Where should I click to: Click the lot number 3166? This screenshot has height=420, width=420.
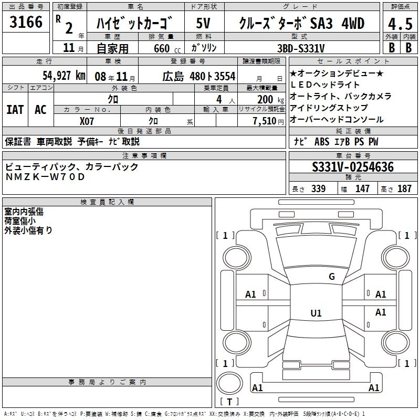tap(26, 23)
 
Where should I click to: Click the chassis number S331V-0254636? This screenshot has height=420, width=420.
tap(352, 167)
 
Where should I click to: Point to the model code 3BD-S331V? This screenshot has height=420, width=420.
tap(301, 48)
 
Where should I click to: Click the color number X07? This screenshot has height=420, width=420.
tap(87, 120)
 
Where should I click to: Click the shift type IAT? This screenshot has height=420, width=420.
tap(15, 110)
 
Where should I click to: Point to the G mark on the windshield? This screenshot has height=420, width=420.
tap(331, 277)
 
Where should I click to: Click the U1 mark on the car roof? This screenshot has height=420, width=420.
tap(316, 313)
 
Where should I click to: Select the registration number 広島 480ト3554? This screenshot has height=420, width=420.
tap(199, 76)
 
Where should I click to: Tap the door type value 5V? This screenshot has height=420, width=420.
tap(203, 24)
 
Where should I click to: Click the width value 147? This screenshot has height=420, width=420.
tap(362, 189)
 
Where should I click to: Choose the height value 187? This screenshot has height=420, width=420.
tap(404, 189)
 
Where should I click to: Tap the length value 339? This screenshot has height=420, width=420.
tap(318, 189)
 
